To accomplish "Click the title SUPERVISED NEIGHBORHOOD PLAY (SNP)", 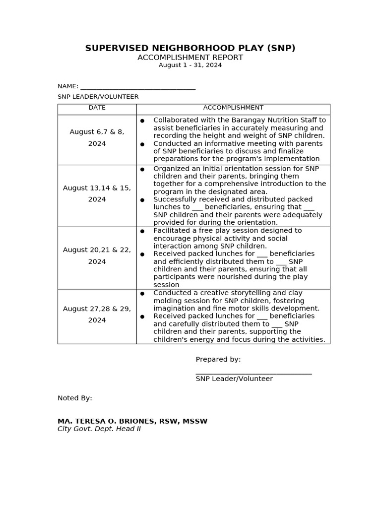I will pyautogui.click(x=190, y=48).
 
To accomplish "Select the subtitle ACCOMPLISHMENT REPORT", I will pyautogui.click(x=190, y=58).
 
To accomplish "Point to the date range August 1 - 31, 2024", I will pyautogui.click(x=190, y=65).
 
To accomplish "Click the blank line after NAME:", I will pyautogui.click(x=138, y=87).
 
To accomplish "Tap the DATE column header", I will pyautogui.click(x=97, y=108).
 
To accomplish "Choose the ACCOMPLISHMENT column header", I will pyautogui.click(x=233, y=108).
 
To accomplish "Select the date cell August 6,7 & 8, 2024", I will pyautogui.click(x=97, y=138).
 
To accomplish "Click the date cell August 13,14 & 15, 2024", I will pyautogui.click(x=97, y=193).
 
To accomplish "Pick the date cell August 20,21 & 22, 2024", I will pyautogui.click(x=97, y=255).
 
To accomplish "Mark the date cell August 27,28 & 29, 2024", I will pyautogui.click(x=97, y=315).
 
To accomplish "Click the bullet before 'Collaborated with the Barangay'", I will pyautogui.click(x=142, y=121).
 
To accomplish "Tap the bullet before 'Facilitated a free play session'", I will pyautogui.click(x=142, y=231).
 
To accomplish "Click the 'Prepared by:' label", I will pyautogui.click(x=218, y=360).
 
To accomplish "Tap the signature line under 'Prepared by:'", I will pyautogui.click(x=254, y=373).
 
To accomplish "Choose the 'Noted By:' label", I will pyautogui.click(x=75, y=398).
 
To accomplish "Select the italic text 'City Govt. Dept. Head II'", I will pyautogui.click(x=99, y=429).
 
